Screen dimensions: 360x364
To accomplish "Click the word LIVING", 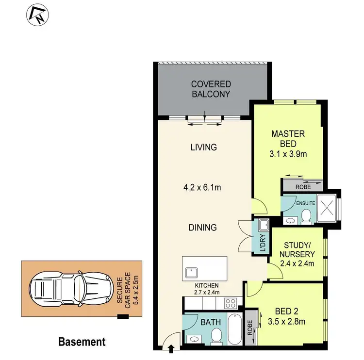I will [x=203, y=147].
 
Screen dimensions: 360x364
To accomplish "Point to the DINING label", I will [x=203, y=227].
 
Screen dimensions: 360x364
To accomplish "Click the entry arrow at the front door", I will [x=171, y=347].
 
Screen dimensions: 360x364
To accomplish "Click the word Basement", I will [x=82, y=342].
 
